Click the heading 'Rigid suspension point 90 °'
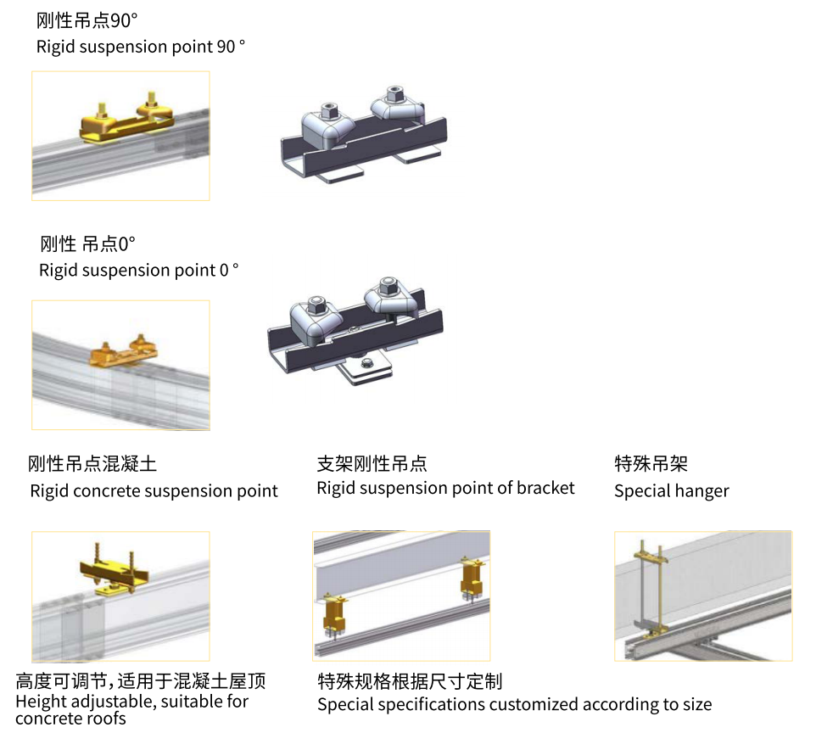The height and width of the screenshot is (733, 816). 141,47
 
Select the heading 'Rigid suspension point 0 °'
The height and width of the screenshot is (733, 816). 139,271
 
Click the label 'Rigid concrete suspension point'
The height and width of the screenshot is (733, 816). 154,491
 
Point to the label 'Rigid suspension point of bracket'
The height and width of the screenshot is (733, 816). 445,488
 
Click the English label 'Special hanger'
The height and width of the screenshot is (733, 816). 671,491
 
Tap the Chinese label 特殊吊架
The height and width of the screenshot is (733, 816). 651,463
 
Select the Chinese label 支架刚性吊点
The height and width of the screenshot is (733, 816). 372,463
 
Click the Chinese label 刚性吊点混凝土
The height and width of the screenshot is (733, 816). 92,463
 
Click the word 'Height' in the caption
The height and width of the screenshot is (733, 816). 40,702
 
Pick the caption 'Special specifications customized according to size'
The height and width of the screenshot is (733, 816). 514,704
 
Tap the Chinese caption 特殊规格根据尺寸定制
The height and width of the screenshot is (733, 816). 410,681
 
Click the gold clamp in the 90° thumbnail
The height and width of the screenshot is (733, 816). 126,121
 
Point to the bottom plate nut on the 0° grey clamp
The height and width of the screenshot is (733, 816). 366,363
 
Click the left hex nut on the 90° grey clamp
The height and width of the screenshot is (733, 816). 328,111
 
